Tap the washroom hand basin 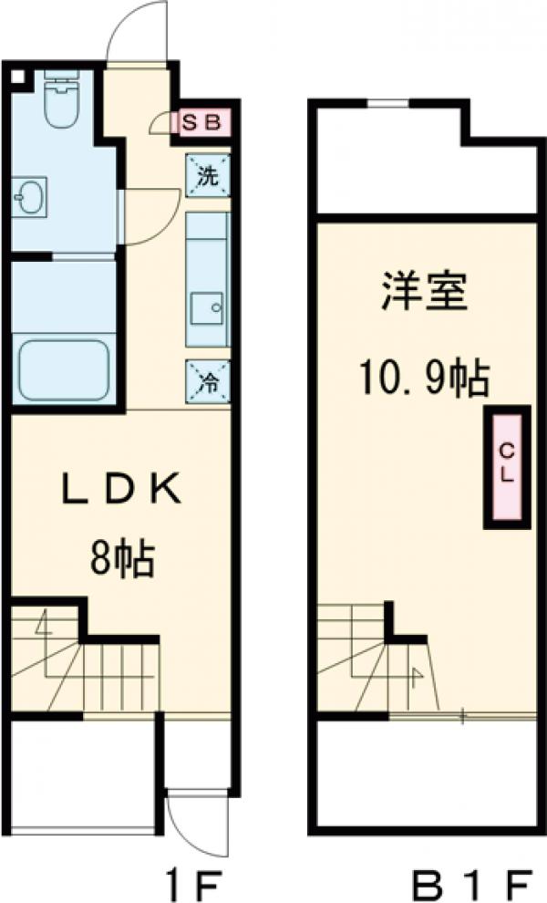[x=30, y=194]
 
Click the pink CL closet [x=506, y=466]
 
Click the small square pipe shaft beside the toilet [x=17, y=77]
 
